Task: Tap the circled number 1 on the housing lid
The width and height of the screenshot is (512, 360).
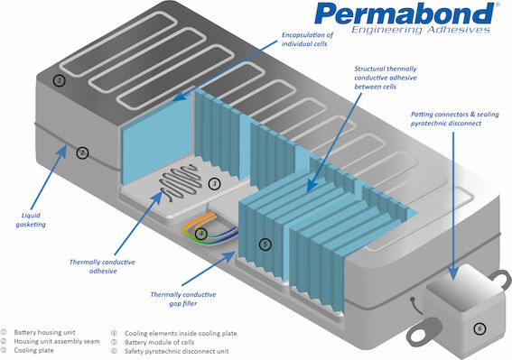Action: pos(60,80)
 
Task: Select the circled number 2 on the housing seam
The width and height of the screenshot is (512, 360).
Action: pos(82,152)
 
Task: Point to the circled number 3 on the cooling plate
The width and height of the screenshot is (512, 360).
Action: pos(214,183)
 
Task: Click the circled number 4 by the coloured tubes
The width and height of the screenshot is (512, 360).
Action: pos(201,234)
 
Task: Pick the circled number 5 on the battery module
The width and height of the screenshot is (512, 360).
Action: pos(264,244)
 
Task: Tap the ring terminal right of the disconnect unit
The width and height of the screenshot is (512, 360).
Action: pos(495,267)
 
